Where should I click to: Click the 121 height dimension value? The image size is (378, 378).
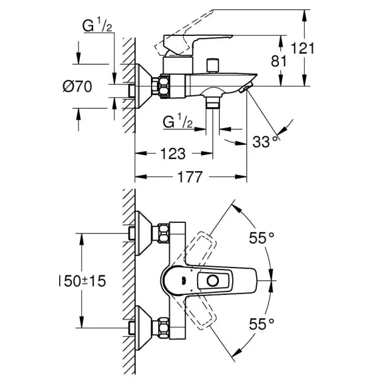pos(303,48)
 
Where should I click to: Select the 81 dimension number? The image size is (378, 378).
pos(279,61)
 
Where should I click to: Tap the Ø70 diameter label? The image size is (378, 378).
pos(77,87)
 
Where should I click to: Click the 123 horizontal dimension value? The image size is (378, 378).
pos(173,154)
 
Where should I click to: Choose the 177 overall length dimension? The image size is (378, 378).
pos(190,177)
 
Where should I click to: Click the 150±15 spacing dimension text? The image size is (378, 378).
pos(83,281)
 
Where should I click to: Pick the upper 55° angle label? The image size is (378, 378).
pos(262,238)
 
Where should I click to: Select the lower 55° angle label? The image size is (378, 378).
pos(262,323)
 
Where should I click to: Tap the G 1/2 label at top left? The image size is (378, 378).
pos(97,25)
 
